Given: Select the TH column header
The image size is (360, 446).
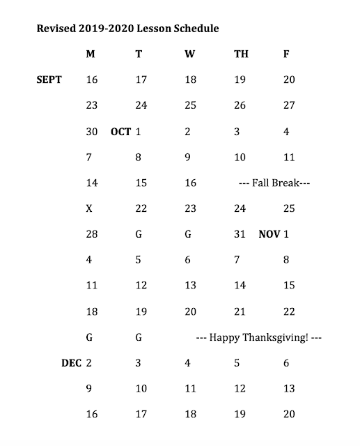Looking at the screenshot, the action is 240,54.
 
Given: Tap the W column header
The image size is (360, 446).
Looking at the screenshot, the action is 190,54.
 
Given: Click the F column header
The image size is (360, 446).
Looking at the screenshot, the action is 286,54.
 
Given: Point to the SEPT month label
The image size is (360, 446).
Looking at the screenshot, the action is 49,79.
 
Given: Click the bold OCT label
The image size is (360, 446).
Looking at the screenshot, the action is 120,131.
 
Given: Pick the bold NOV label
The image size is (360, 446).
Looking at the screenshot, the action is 269,234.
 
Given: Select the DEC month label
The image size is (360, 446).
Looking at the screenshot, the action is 71,363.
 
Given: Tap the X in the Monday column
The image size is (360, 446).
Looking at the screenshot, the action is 89,208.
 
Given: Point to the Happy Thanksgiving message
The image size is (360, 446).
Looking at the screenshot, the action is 258,337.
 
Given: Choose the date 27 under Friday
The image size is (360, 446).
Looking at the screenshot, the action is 289,106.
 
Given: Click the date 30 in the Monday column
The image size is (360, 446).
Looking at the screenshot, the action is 91,131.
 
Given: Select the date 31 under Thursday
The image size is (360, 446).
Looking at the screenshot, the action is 240,234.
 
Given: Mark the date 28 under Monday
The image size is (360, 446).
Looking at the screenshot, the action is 91,234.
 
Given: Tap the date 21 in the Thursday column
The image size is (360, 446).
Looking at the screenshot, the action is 240,312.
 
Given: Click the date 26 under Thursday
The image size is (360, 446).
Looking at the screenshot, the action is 240,106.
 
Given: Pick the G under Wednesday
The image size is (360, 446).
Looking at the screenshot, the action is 188,234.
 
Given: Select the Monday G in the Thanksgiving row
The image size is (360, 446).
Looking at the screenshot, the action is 89,337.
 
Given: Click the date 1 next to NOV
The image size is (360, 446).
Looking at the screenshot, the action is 286,234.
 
